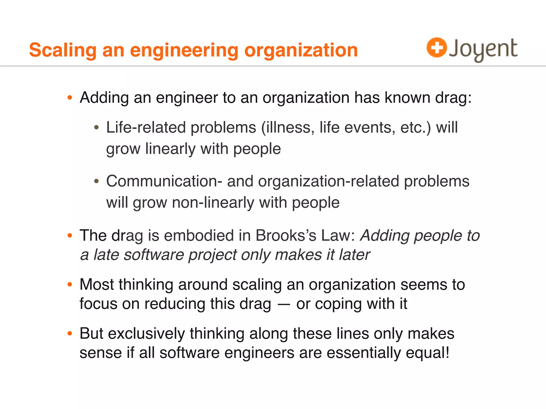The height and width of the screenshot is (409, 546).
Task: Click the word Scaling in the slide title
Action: (63, 50)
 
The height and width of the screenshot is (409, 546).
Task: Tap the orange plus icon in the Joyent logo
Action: (436, 47)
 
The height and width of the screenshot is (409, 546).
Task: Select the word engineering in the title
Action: (184, 50)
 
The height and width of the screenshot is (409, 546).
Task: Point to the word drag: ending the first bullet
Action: (453, 98)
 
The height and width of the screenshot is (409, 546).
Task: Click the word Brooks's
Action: (286, 236)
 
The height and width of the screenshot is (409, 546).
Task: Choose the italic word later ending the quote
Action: (354, 255)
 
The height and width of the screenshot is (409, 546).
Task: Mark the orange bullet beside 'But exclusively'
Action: (70, 333)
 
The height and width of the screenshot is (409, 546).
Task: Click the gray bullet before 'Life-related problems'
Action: (97, 128)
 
